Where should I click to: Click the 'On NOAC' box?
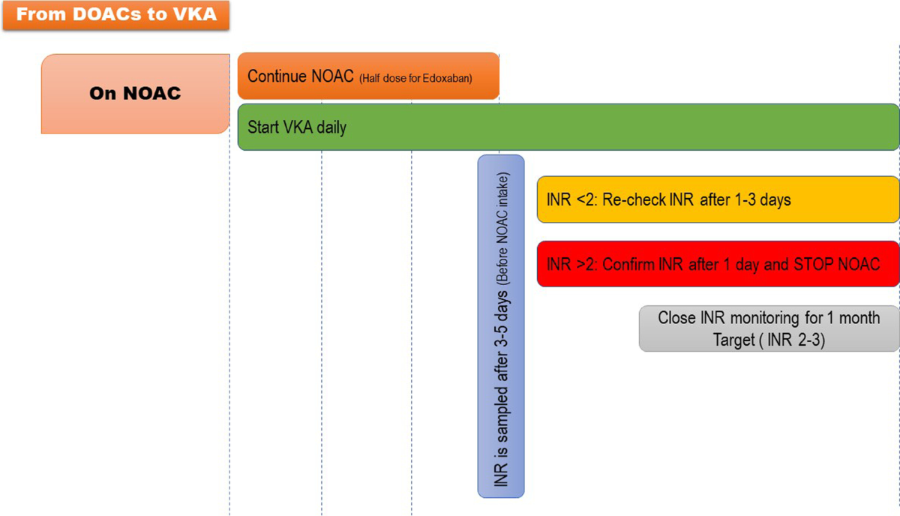135,94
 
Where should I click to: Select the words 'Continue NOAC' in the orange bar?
300,76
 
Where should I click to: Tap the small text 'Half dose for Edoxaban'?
415,78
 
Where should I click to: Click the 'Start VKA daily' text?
297,127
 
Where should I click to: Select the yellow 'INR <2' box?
718,200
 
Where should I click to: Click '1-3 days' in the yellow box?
766,200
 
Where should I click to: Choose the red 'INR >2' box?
718,264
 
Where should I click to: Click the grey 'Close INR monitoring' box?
769,328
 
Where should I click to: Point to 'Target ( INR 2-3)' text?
769,340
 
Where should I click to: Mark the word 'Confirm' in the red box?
628,264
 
